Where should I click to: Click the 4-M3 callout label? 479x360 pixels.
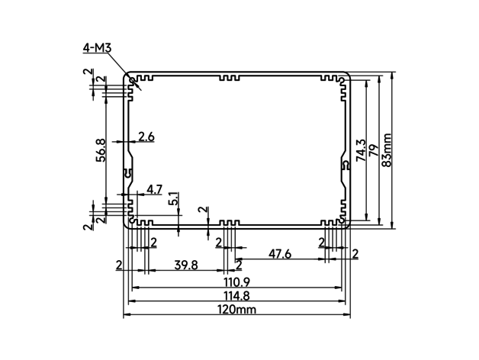click(97, 48)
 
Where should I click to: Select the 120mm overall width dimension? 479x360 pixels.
click(236, 310)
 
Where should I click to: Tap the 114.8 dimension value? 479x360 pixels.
click(236, 296)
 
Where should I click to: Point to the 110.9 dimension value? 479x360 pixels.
click(236, 282)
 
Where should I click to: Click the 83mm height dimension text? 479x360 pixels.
click(387, 150)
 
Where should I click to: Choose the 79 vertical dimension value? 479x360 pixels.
click(374, 150)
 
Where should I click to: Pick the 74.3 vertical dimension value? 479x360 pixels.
click(361, 150)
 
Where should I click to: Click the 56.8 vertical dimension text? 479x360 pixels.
click(101, 150)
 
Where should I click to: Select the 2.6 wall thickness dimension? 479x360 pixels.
click(146, 137)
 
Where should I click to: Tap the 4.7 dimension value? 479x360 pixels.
click(154, 189)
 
